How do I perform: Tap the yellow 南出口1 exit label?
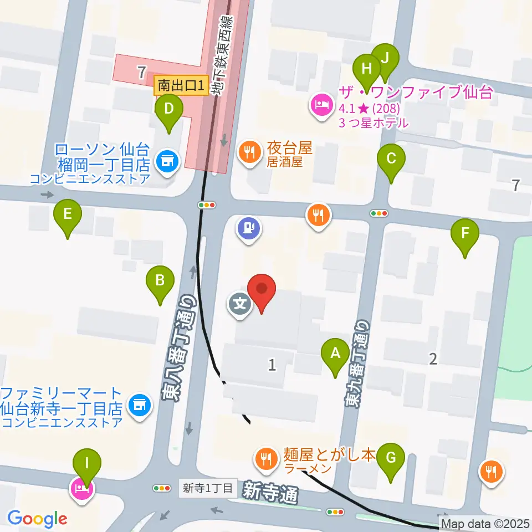click(x=181, y=85)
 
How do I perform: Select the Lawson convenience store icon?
click(x=166, y=161)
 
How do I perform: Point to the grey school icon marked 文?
click(x=239, y=304)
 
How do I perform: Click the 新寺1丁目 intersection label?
click(x=208, y=488)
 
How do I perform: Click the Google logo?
click(x=37, y=519)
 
